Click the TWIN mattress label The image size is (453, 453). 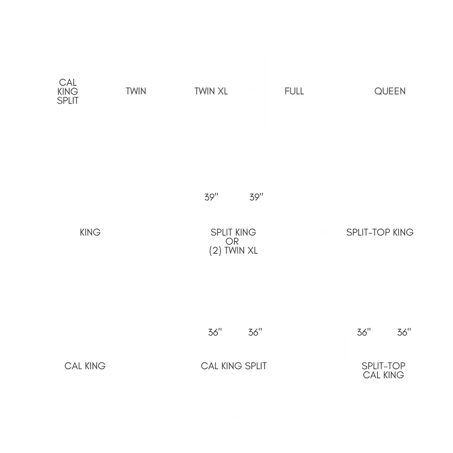[136, 91]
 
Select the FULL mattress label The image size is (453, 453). [294, 91]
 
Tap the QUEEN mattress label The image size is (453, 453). [390, 91]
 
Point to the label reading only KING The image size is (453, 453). [90, 232]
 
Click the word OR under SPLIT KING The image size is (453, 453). [233, 241]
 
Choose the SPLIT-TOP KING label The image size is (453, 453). [380, 232]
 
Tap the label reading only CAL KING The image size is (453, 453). [85, 366]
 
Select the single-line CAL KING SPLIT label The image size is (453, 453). [234, 366]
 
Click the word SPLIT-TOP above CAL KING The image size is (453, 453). [384, 366]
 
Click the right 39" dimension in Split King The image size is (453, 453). [256, 198]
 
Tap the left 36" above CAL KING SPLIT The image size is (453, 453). [215, 333]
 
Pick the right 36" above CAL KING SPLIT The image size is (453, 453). [255, 333]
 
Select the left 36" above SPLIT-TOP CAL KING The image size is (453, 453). [364, 333]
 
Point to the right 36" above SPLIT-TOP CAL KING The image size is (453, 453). [404, 333]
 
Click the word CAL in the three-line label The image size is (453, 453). [68, 82]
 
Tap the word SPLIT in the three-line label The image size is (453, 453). [68, 100]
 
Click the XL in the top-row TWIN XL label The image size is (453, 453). [223, 91]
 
